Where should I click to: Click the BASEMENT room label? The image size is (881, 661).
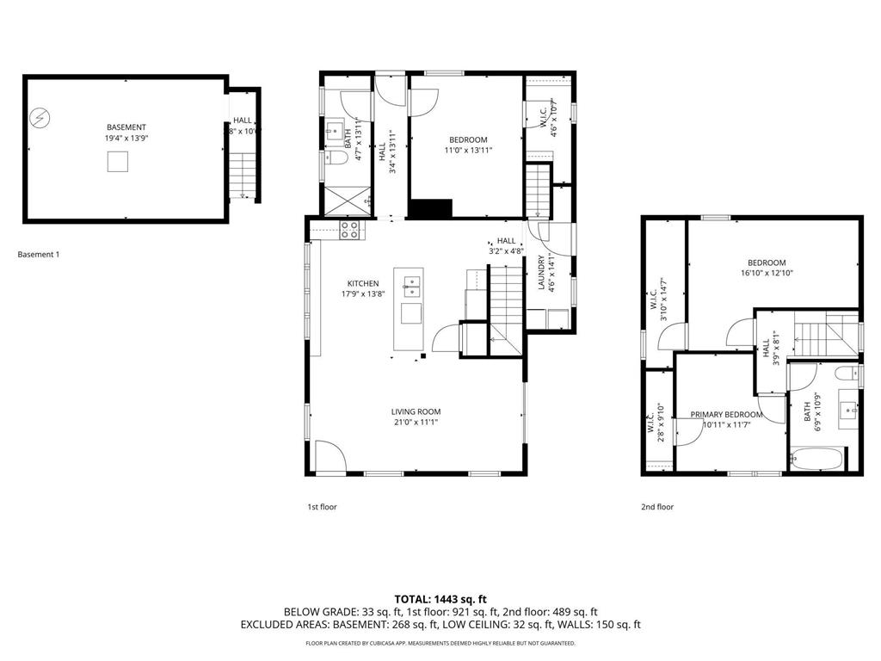click(x=126, y=127)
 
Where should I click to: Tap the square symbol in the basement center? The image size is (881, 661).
click(x=119, y=162)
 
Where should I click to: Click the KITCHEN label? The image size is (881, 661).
click(x=362, y=283)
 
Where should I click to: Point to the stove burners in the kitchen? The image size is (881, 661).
click(x=350, y=229)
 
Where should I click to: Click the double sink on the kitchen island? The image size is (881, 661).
click(x=411, y=281)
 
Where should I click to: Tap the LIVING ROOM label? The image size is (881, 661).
click(x=416, y=411)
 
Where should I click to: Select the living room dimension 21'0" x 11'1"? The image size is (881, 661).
click(x=416, y=423)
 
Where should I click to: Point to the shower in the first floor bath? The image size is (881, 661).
click(x=343, y=199)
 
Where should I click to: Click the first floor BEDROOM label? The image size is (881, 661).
click(x=468, y=139)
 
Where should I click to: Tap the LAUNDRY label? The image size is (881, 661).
click(x=541, y=273)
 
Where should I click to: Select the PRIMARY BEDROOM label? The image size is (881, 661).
click(x=726, y=414)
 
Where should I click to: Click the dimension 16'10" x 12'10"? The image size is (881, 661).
click(x=766, y=273)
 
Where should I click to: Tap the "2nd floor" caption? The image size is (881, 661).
click(x=657, y=507)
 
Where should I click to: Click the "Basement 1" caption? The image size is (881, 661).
click(x=39, y=254)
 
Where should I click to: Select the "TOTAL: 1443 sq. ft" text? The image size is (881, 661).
click(x=440, y=598)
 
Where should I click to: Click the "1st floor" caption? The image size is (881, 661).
click(x=323, y=507)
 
